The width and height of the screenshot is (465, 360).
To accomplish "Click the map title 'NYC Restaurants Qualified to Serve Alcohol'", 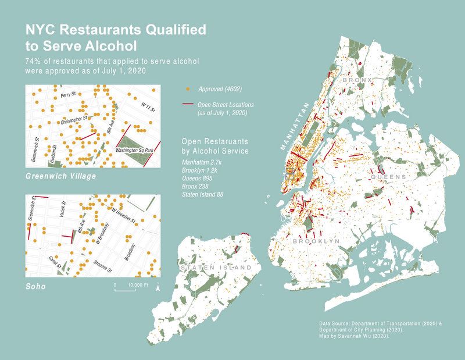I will tap(115, 38).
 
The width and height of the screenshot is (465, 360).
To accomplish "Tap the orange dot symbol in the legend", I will tap(187, 89).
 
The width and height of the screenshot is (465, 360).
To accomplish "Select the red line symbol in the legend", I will tap(188, 105).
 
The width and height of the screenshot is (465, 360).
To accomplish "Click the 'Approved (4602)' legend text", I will tap(220, 89).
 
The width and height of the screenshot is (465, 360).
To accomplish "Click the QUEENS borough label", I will tap(388, 176).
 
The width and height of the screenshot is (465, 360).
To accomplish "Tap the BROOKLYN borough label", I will tap(316, 241).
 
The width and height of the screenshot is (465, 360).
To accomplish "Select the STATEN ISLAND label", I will tap(217, 268).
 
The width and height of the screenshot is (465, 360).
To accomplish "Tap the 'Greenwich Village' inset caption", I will tap(61, 175).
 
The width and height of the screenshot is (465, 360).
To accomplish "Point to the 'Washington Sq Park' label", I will tap(134, 151).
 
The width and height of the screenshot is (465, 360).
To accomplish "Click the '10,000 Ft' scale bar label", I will tap(138, 285).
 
